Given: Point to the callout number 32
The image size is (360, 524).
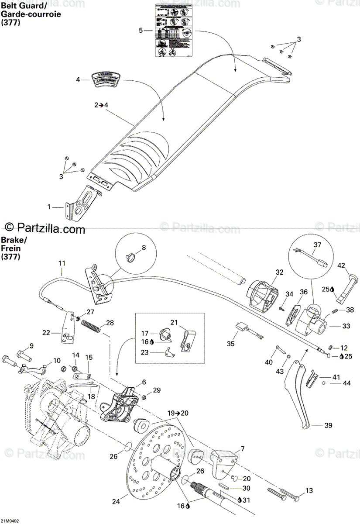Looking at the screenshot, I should click(x=279, y=272).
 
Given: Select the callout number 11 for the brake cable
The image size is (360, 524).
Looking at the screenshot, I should click(x=62, y=263).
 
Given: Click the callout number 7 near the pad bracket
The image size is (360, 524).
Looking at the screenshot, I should click(x=242, y=449).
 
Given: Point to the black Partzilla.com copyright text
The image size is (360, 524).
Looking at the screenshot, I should click(x=44, y=227).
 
